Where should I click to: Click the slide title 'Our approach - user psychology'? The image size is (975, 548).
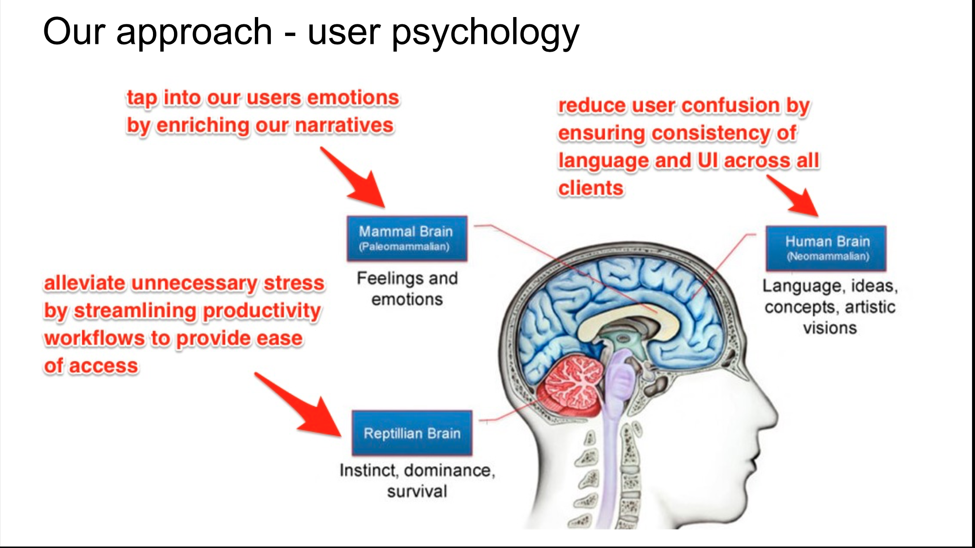tap(311, 32)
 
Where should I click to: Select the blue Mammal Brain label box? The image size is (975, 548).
tap(406, 238)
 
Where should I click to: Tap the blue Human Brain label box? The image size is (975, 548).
tap(826, 248)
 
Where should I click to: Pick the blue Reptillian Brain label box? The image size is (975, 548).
tap(412, 433)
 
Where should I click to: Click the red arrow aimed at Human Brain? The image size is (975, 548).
tap(795, 196)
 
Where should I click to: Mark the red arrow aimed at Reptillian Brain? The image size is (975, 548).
tap(302, 407)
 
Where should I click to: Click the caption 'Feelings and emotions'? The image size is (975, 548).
tap(407, 288)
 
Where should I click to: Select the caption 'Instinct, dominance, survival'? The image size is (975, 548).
tap(417, 480)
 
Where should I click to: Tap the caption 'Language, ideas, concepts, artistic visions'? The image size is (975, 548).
tap(830, 306)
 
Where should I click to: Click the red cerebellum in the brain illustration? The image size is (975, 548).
tap(573, 385)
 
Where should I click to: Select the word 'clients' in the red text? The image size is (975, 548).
tap(591, 188)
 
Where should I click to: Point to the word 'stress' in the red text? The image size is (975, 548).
tap(294, 283)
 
